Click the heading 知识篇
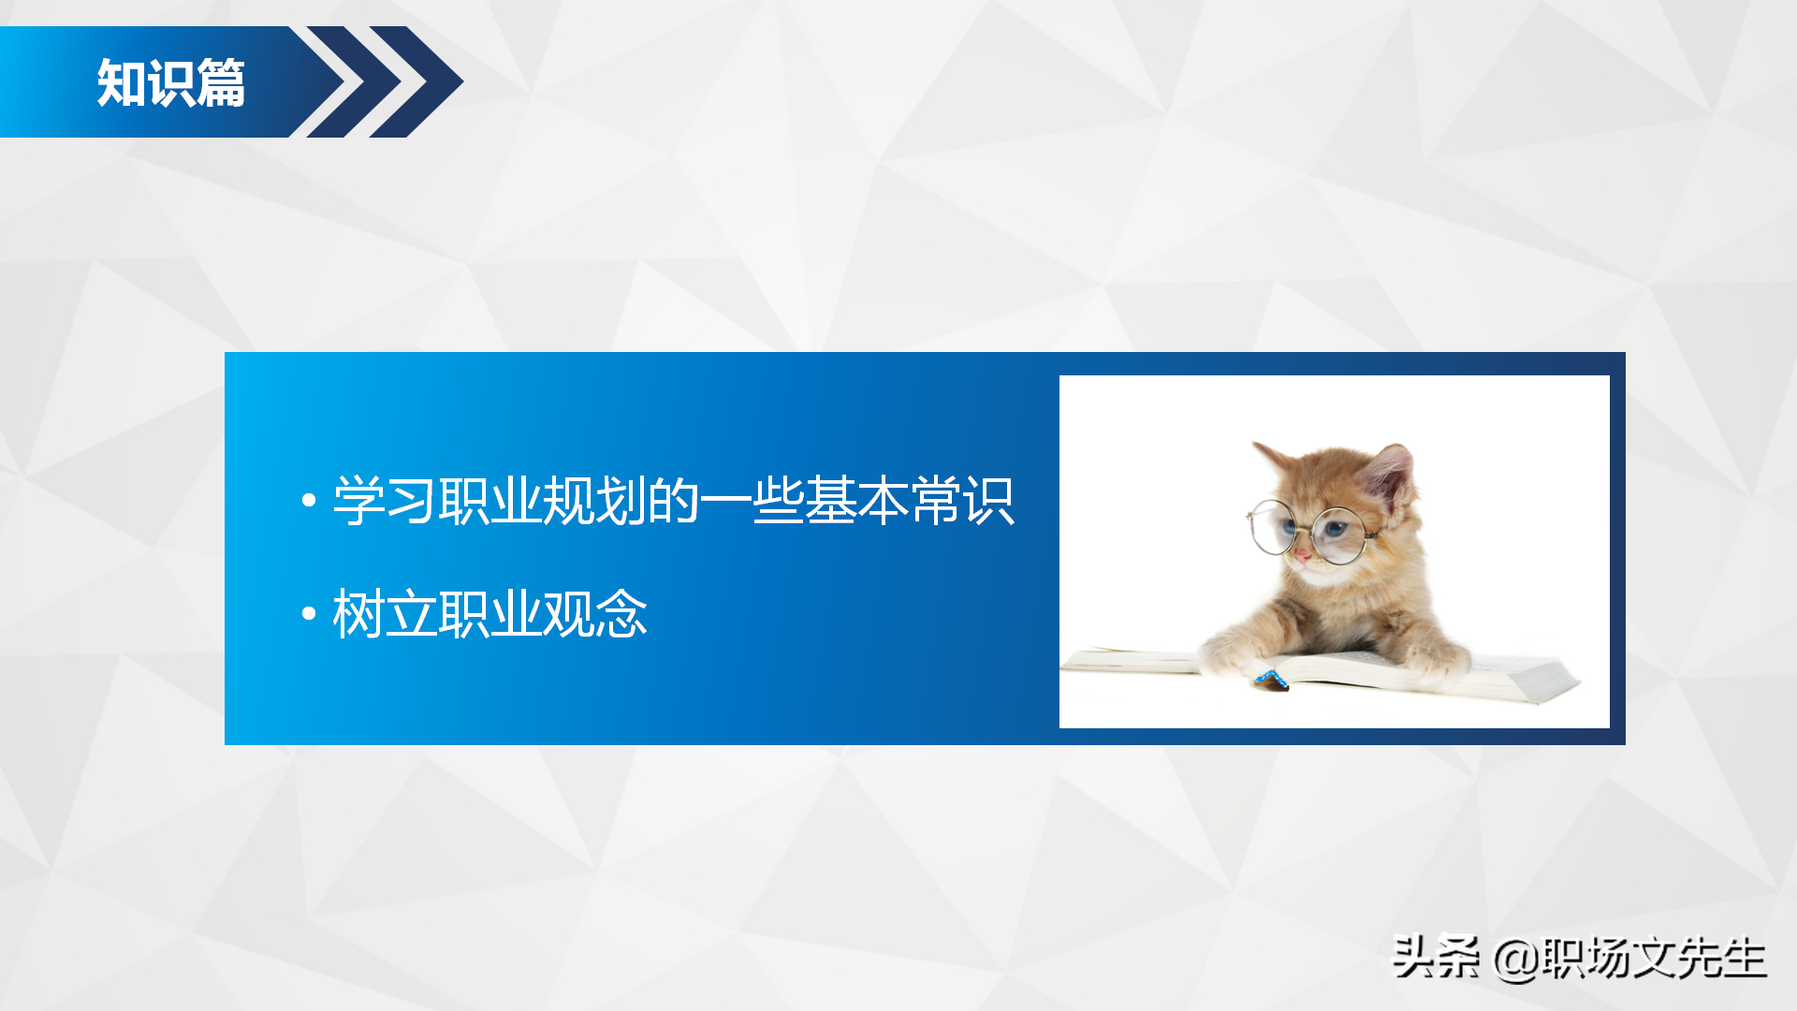coord(171,83)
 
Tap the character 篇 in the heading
coord(222,83)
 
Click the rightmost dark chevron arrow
coord(421,82)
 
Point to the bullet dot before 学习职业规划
coord(309,501)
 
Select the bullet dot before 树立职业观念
coord(309,614)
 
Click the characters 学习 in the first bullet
coord(385,501)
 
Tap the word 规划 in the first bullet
coord(594,501)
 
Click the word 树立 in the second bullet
coord(385,614)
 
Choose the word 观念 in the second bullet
coord(594,614)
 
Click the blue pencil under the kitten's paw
coord(1271,680)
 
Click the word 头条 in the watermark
coord(1436,958)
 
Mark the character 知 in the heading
coord(122,83)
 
